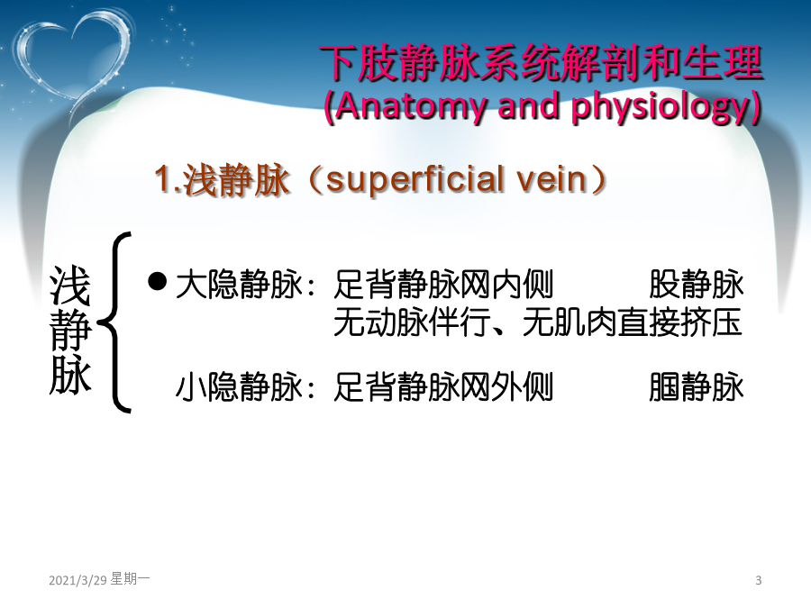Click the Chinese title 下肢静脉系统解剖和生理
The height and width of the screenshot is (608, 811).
pyautogui.click(x=541, y=64)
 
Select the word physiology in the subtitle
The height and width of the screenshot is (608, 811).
pyautogui.click(x=661, y=107)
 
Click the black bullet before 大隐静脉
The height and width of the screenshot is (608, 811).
pyautogui.click(x=157, y=282)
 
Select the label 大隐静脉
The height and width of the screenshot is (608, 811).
pyautogui.click(x=239, y=285)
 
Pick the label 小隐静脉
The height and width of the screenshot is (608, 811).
pyautogui.click(x=239, y=386)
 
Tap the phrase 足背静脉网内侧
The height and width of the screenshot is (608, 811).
pyautogui.click(x=443, y=285)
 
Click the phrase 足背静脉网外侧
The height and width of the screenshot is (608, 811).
pyautogui.click(x=443, y=386)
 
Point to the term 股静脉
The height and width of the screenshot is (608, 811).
pyautogui.click(x=697, y=285)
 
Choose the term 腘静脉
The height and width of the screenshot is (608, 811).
pyautogui.click(x=697, y=386)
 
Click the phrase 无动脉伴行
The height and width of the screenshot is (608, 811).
pyautogui.click(x=412, y=322)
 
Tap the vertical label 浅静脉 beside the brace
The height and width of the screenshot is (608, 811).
pyautogui.click(x=70, y=330)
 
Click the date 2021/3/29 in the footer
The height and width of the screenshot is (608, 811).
pyautogui.click(x=77, y=580)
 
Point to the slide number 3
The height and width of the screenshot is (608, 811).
pyautogui.click(x=758, y=580)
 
